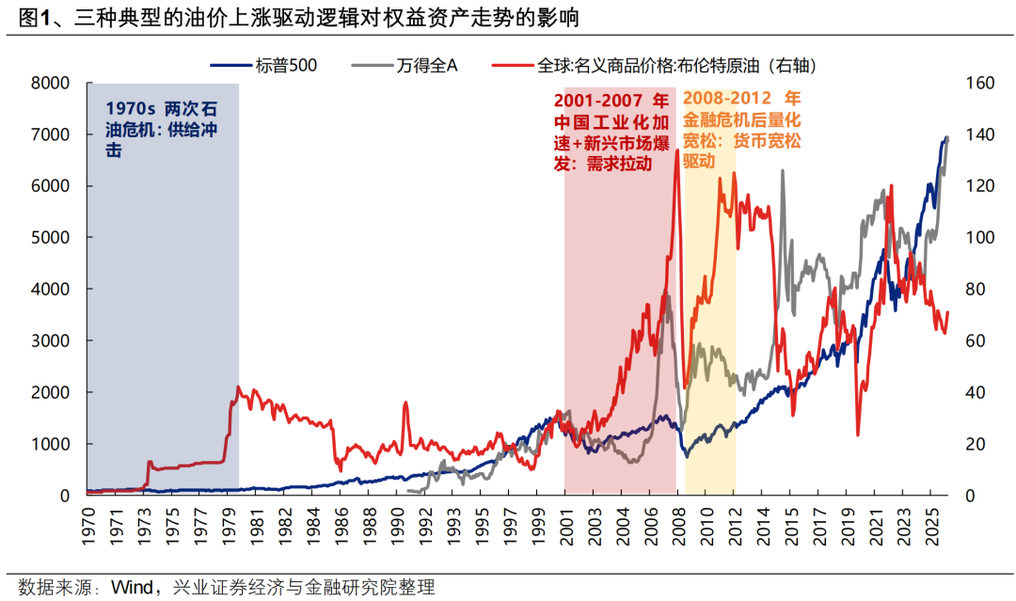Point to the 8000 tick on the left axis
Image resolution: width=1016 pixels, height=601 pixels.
(51, 83)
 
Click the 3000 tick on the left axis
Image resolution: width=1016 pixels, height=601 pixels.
(51, 340)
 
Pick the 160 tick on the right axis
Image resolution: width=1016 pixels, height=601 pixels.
(979, 83)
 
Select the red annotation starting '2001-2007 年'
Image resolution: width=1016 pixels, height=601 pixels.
(611, 131)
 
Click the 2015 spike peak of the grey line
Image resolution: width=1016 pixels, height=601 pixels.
(782, 171)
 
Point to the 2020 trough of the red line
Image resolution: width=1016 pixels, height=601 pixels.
(857, 435)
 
